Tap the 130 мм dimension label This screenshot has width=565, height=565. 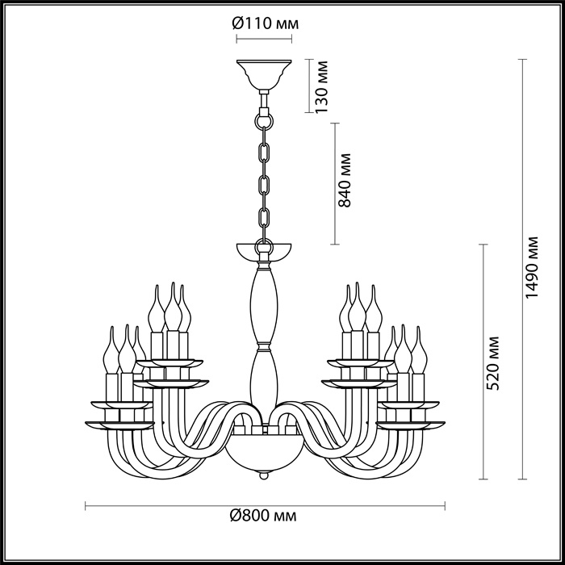coord(323,87)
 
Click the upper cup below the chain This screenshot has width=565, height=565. coord(264,251)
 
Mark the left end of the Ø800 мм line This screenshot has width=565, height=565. coord(86,507)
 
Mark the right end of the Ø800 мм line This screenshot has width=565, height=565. coord(445,507)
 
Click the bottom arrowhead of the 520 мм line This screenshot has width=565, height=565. coord(483,478)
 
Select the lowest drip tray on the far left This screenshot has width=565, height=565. coord(119,424)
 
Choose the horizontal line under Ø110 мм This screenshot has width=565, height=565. coord(264,38)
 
